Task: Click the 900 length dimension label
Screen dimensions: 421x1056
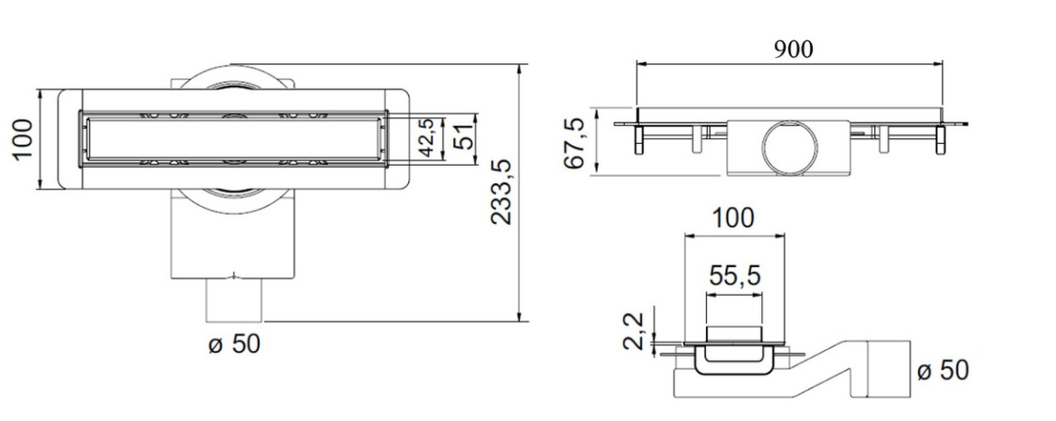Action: (x=792, y=49)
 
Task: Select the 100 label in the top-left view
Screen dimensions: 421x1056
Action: (x=22, y=139)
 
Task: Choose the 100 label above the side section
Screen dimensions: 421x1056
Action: (x=733, y=218)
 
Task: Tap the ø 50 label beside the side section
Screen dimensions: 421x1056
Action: (x=942, y=370)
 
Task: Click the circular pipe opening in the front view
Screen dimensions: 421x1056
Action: (x=789, y=147)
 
